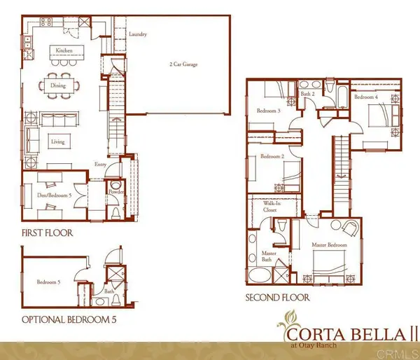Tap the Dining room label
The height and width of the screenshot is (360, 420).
tap(58, 86)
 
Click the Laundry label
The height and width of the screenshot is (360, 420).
tap(138, 34)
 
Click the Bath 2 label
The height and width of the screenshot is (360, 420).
tap(307, 93)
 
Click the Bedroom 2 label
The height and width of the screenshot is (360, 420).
tap(271, 158)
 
